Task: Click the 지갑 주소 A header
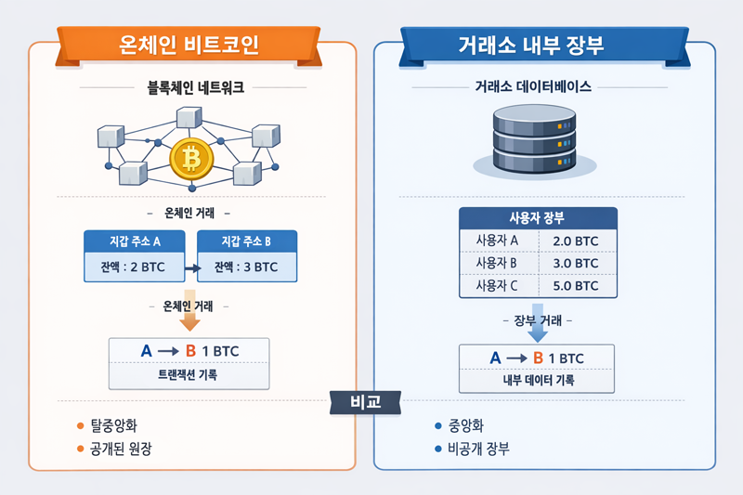[x=137, y=241]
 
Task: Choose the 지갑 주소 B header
[x=247, y=241]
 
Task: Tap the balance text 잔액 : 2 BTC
[x=137, y=267]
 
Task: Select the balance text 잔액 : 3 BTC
[x=246, y=267]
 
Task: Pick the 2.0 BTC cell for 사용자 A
[x=574, y=241]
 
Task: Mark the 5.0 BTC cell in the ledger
[x=574, y=286]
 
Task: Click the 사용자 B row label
[x=496, y=264]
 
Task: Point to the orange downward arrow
[x=189, y=319]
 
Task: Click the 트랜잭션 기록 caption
[x=189, y=376]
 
